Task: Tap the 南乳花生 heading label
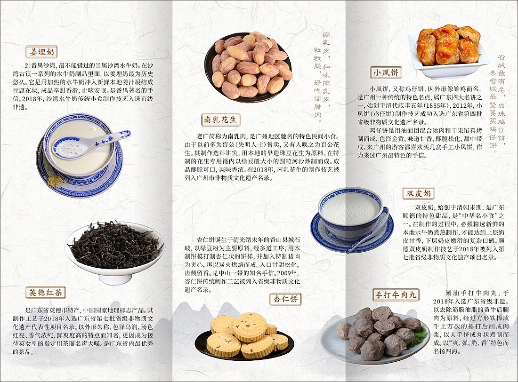pyautogui.click(x=220, y=119)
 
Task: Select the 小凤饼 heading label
pyautogui.click(x=386, y=73)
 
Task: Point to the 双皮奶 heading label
pyautogui.click(x=418, y=193)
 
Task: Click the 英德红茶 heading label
pyautogui.click(x=45, y=293)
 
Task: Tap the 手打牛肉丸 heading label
pyautogui.click(x=395, y=295)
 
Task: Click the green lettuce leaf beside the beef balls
pyautogui.click(x=419, y=337)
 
